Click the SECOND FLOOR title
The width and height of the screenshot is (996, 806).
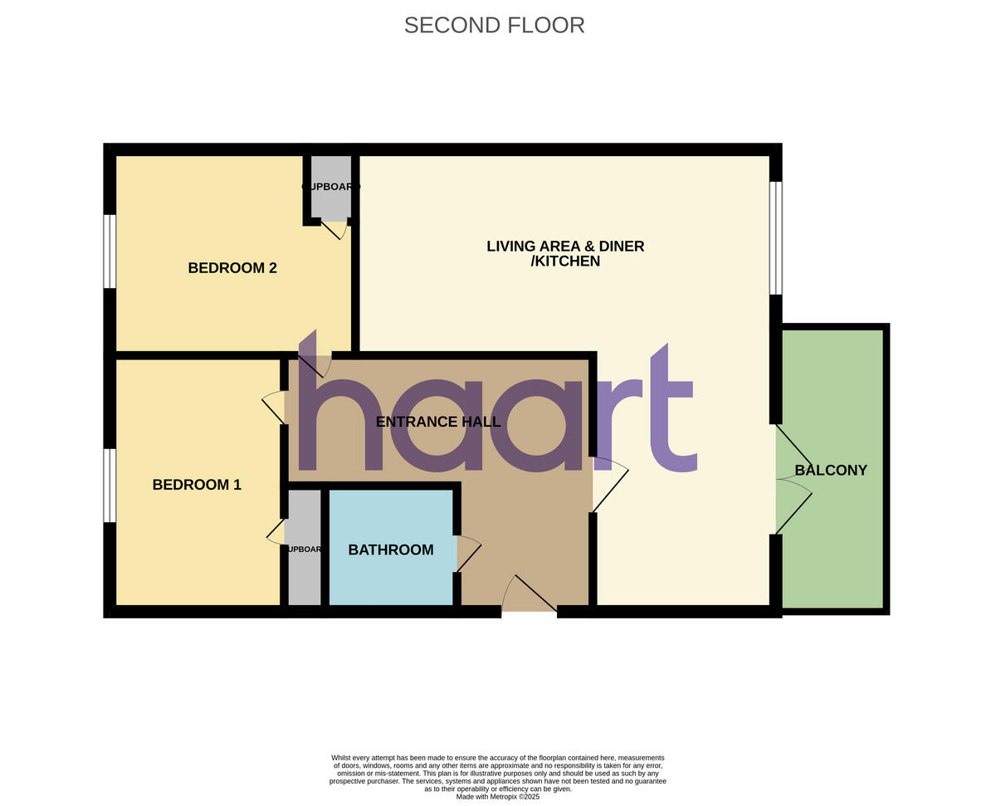click(x=494, y=25)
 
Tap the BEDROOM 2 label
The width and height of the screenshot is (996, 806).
click(x=232, y=268)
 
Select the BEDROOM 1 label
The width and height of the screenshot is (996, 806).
click(x=197, y=485)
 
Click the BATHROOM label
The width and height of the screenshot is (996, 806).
click(x=391, y=550)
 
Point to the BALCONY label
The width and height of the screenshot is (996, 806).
click(x=831, y=470)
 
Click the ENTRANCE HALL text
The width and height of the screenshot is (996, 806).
click(x=438, y=422)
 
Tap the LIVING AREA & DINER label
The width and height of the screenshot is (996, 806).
click(x=565, y=247)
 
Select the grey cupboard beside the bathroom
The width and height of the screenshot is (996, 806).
click(x=304, y=549)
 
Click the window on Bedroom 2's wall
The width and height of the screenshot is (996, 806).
click(x=110, y=252)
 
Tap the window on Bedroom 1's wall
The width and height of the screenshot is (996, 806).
click(x=110, y=486)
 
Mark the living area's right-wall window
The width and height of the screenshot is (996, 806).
click(x=775, y=238)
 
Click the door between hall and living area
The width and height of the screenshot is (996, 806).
click(x=610, y=484)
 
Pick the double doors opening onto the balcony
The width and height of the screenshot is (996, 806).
click(x=793, y=479)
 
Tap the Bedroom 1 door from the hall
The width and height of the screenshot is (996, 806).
click(x=274, y=407)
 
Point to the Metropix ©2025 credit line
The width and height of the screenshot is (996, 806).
click(x=497, y=797)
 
